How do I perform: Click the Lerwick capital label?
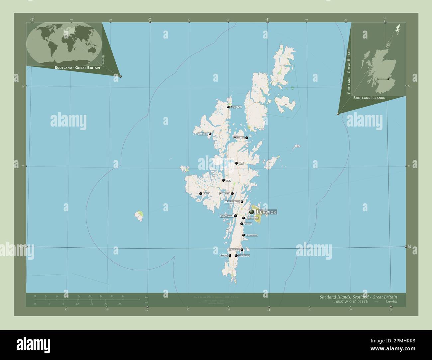266,212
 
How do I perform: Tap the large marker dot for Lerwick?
252,212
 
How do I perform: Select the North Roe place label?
237,107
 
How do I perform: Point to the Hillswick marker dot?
210,134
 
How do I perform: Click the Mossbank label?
239,137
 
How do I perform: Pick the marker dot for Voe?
236,163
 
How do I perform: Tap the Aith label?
228,180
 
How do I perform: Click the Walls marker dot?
201,194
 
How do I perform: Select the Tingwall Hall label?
232,202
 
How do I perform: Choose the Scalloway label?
226,216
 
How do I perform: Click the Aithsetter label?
252,235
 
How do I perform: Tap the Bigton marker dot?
230,255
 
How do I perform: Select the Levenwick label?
244,256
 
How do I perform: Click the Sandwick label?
234,250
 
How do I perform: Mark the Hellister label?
225,194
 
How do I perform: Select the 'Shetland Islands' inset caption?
369,98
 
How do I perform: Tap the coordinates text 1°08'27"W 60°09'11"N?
356,302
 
